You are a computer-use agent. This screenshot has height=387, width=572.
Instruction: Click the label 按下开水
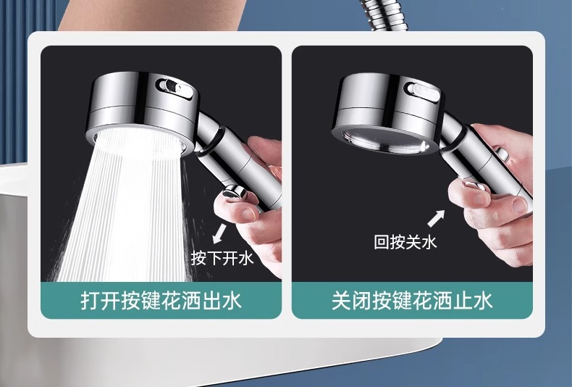pyautogui.click(x=222, y=257)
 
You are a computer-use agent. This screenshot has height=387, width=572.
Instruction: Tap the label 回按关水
pyautogui.click(x=405, y=242)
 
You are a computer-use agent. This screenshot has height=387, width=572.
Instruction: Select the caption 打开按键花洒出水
pyautogui.click(x=161, y=301)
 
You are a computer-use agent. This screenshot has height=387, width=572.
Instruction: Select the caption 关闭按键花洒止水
pyautogui.click(x=412, y=301)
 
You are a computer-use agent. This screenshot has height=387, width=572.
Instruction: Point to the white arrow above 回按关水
pyautogui.click(x=436, y=217)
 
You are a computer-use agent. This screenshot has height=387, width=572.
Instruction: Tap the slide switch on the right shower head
pyautogui.click(x=423, y=91)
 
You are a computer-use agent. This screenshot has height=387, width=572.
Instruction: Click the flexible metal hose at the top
pyautogui.click(x=384, y=17)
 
